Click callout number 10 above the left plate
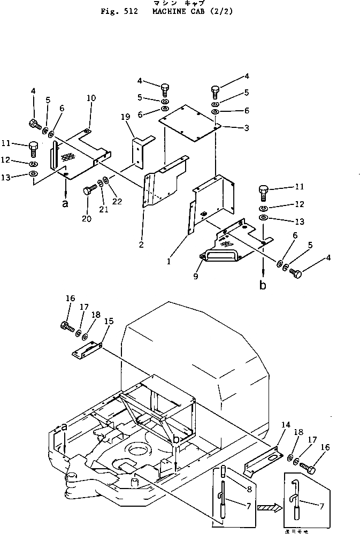pos(91,98)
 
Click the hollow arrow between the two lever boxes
pos(269,507)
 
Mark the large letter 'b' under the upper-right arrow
pos(263,285)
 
